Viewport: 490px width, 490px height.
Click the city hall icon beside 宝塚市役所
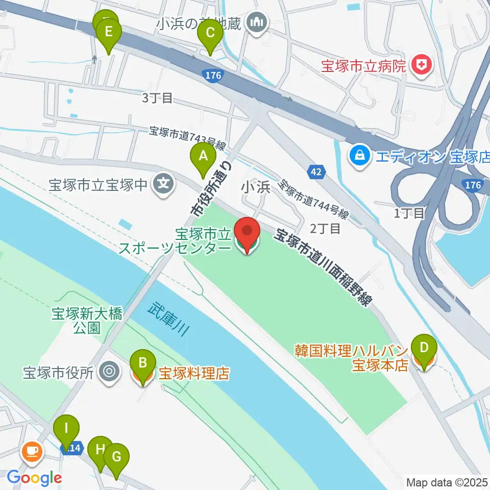tap(109, 372)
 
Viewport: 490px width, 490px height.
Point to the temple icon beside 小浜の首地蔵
tap(254, 22)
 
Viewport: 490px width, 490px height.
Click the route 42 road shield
tap(316, 172)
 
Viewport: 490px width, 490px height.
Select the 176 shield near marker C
tap(213, 76)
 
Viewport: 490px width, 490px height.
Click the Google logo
tap(34, 478)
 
